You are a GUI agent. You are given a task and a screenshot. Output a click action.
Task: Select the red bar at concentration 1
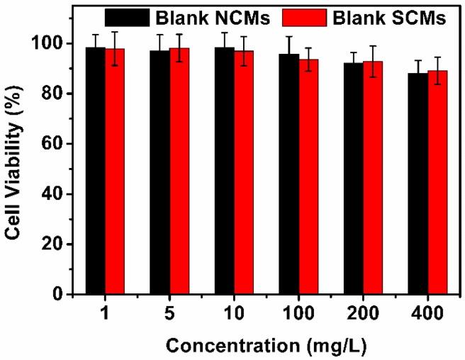click(x=115, y=171)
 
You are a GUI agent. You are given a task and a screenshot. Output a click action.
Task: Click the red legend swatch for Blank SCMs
click(x=308, y=17)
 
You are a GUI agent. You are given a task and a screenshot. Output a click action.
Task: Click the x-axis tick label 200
click(x=363, y=313)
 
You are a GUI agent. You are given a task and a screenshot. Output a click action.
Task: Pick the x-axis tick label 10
click(x=234, y=313)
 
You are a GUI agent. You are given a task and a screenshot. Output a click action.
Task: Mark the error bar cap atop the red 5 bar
click(x=179, y=34)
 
